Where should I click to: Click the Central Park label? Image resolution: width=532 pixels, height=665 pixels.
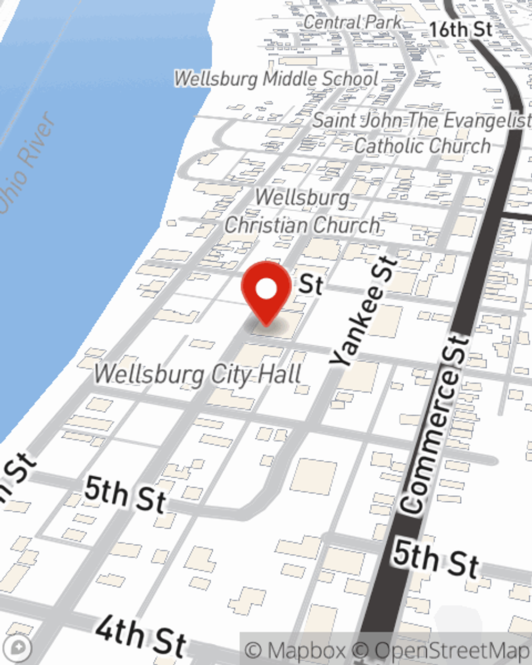[x=353, y=22]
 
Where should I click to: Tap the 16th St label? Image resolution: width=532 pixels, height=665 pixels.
[x=461, y=29]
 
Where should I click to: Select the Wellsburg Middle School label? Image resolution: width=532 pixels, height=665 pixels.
[x=276, y=79]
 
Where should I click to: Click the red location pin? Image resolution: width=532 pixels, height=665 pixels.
[x=266, y=290]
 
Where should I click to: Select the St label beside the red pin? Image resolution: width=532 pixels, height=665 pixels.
[x=311, y=285]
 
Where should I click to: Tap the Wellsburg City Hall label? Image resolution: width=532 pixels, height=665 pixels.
[x=198, y=375]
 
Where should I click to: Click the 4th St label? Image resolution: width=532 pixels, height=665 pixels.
[x=141, y=637]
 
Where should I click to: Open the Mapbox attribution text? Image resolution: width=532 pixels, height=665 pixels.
[x=296, y=650]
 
